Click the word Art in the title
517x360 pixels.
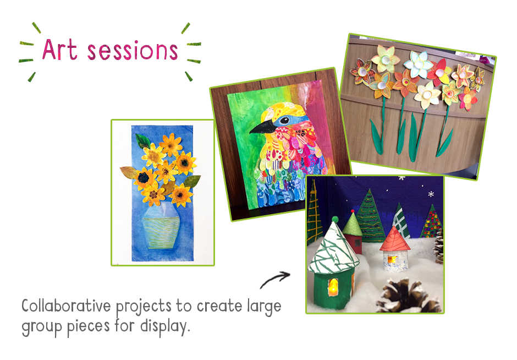(60, 50)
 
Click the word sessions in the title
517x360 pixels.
(133, 51)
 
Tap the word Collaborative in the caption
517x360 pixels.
(66, 306)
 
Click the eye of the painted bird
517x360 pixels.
(285, 120)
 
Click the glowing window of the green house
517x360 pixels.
(334, 285)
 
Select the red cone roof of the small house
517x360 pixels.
(394, 238)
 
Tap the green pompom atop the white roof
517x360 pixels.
(334, 219)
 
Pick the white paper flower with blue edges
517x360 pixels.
(418, 63)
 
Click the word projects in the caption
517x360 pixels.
(144, 307)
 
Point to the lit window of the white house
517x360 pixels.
(392, 259)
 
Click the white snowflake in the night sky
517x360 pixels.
(431, 194)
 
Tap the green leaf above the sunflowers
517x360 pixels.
(143, 141)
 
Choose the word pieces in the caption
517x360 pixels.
(89, 326)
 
